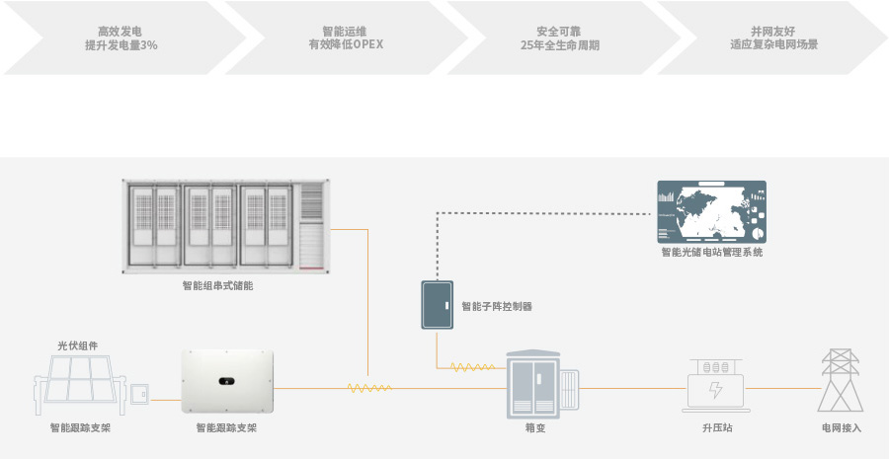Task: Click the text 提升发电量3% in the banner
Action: click(121, 45)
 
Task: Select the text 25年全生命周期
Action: click(560, 45)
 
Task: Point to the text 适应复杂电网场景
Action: click(774, 45)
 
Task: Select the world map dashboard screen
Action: click(711, 211)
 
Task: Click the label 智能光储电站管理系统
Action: click(711, 253)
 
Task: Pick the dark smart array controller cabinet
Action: click(436, 305)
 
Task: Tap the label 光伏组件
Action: click(77, 345)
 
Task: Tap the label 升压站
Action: click(717, 428)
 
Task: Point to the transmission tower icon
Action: click(841, 381)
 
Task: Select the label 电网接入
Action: click(842, 428)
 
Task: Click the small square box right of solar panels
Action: click(140, 396)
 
